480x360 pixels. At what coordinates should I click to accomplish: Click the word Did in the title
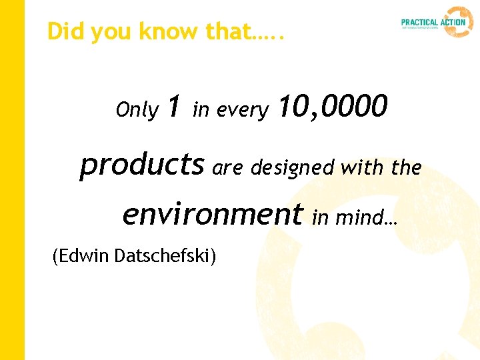pos(63,31)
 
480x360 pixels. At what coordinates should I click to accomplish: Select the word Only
pos(137,110)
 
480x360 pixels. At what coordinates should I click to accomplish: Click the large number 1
pos(174,106)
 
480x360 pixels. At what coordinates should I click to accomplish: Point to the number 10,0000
pos(331,106)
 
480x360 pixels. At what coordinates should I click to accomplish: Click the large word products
pos(141,165)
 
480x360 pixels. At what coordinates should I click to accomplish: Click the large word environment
pos(212,214)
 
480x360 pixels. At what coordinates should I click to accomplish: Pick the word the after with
pos(407,168)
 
